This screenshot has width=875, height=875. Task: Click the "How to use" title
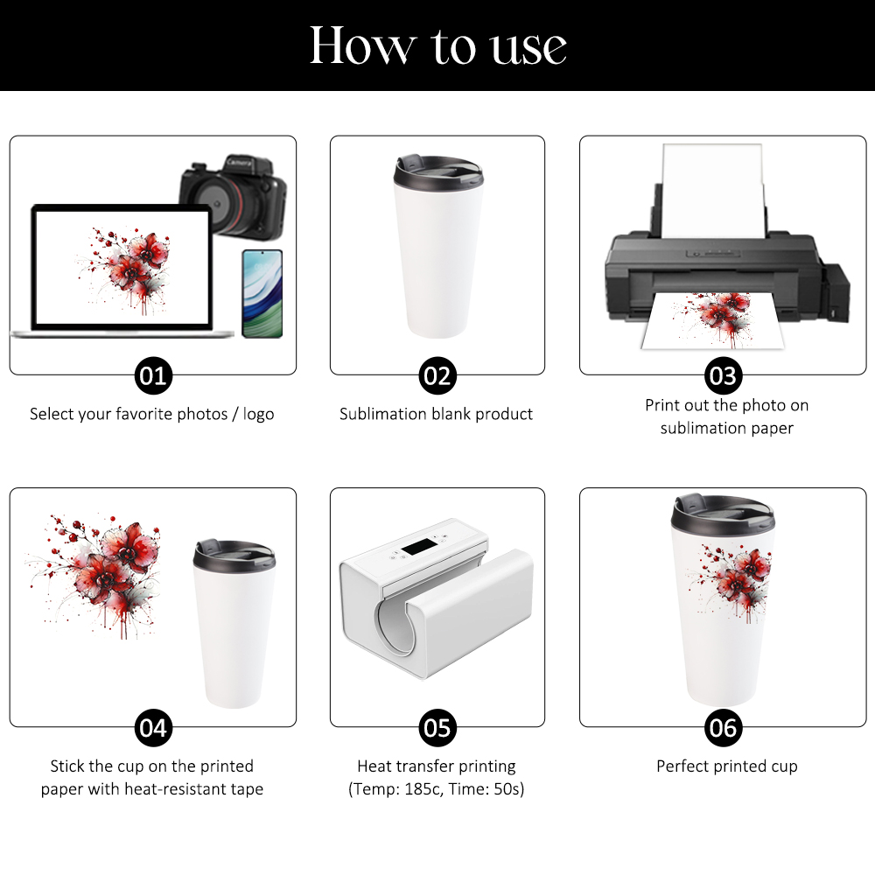pyautogui.click(x=438, y=45)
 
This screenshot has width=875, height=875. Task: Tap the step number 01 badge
pyautogui.click(x=153, y=375)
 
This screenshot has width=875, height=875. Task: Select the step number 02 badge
pyautogui.click(x=437, y=375)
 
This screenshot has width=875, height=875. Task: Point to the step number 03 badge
pyautogui.click(x=724, y=375)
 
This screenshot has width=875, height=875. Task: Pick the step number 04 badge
pyautogui.click(x=153, y=728)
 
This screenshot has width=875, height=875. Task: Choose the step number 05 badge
pyautogui.click(x=437, y=728)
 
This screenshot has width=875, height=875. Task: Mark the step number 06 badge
pyautogui.click(x=724, y=728)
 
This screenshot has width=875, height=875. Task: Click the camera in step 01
pyautogui.click(x=234, y=196)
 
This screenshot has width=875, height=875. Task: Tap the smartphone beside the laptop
pyautogui.click(x=262, y=293)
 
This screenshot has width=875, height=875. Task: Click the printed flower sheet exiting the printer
pyautogui.click(x=712, y=321)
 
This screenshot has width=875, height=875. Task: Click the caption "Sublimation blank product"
pyautogui.click(x=436, y=414)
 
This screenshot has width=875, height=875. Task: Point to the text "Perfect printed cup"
pyautogui.click(x=726, y=766)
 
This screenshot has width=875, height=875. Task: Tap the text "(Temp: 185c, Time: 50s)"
pyautogui.click(x=437, y=789)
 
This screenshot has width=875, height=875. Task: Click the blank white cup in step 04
pyautogui.click(x=234, y=624)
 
